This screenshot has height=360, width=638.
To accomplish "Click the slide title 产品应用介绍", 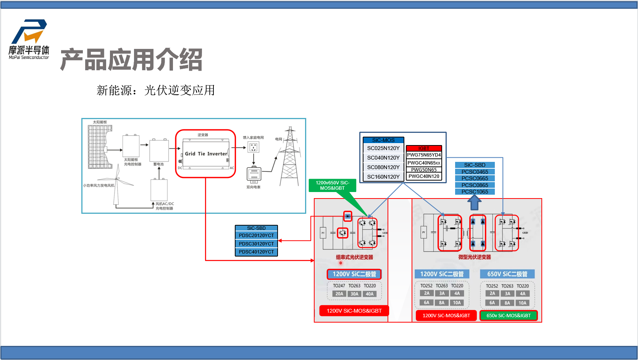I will click(131, 60).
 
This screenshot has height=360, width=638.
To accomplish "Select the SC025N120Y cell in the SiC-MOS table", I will click(383, 148).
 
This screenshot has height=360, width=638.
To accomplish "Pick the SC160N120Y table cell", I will click(383, 177).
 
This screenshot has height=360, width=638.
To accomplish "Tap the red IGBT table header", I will click(424, 148).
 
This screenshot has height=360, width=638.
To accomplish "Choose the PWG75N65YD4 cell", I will click(424, 155).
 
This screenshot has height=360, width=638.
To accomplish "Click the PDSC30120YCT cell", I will click(256, 244).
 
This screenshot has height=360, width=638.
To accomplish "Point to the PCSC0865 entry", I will click(475, 185).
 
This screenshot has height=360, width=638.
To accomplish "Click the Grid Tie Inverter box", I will click(206, 154).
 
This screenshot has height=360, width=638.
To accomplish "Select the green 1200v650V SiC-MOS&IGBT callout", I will click(332, 186).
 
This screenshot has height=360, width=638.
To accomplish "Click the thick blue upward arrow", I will click(475, 202).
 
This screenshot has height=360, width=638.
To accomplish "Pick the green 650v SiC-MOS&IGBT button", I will click(508, 316).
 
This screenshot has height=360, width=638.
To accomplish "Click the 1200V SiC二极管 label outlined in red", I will click(354, 274).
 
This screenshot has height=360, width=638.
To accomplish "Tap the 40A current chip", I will click(370, 294).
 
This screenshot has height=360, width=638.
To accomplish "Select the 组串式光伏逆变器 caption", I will click(354, 257).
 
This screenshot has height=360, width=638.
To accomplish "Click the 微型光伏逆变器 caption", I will click(475, 257).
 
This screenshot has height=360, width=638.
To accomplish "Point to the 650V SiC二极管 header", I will click(507, 274).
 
